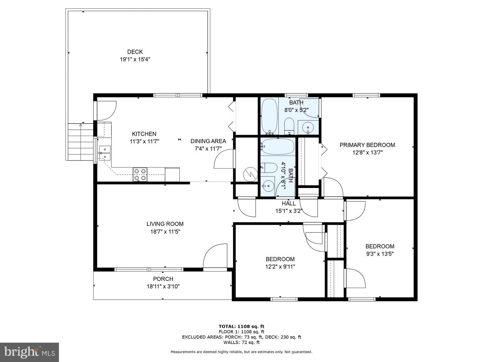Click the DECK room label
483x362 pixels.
click(135, 52)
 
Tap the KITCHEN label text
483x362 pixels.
click(144, 134)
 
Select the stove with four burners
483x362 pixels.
click(140, 175)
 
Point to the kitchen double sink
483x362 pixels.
click(105, 153)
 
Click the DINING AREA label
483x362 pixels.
click(208, 141)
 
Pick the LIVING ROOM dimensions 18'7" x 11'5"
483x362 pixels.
click(165, 232)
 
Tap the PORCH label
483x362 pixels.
click(163, 279)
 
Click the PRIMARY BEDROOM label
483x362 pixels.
click(367, 145)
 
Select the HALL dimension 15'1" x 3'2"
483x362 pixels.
click(289, 211)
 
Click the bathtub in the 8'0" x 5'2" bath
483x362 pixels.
click(270, 117)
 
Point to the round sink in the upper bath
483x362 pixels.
click(308, 127)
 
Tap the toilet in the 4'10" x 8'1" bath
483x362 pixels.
click(269, 168)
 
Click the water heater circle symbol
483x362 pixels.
click(251, 174)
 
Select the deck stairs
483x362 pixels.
click(81, 142)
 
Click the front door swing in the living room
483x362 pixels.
click(215, 256)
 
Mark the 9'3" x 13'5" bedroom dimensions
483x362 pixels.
click(380, 254)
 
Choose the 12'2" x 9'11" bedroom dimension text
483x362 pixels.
click(280, 267)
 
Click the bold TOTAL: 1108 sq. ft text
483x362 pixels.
click(241, 326)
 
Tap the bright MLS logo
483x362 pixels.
click(30, 352)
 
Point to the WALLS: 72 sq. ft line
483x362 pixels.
click(241, 342)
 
